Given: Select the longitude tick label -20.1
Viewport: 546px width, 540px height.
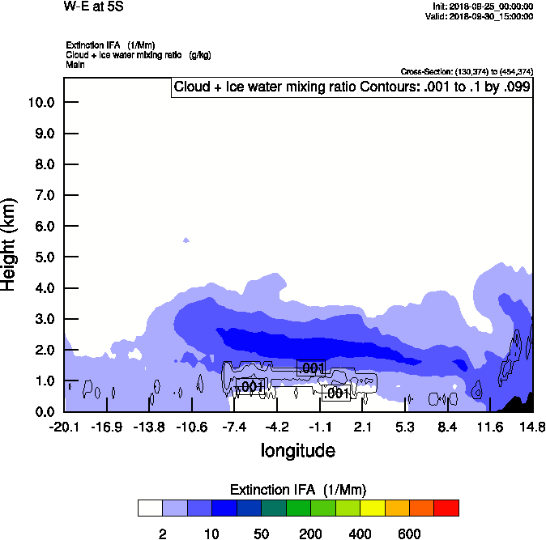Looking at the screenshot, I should (x=64, y=426).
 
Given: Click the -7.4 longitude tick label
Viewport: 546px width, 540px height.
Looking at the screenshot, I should (x=235, y=426).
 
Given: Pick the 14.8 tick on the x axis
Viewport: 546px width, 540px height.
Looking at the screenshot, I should (x=532, y=426).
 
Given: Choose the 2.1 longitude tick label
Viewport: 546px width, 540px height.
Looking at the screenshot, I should (x=363, y=426).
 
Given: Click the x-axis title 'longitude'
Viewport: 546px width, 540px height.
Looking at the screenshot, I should (x=297, y=449).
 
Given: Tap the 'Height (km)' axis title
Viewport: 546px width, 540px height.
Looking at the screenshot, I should (x=11, y=244).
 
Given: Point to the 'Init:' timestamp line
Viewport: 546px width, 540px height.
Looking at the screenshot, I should (x=483, y=6).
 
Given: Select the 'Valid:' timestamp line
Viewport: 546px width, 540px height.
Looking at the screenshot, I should (x=482, y=15).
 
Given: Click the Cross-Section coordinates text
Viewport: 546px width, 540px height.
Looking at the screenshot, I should (x=467, y=72).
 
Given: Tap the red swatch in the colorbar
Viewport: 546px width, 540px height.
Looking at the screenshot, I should (x=446, y=508).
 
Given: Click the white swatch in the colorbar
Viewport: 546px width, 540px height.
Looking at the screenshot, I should (x=150, y=508).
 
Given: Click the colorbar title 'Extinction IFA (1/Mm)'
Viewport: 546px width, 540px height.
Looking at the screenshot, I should (x=296, y=490).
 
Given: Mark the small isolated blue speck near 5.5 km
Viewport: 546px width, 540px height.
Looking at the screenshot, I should (x=186, y=240).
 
